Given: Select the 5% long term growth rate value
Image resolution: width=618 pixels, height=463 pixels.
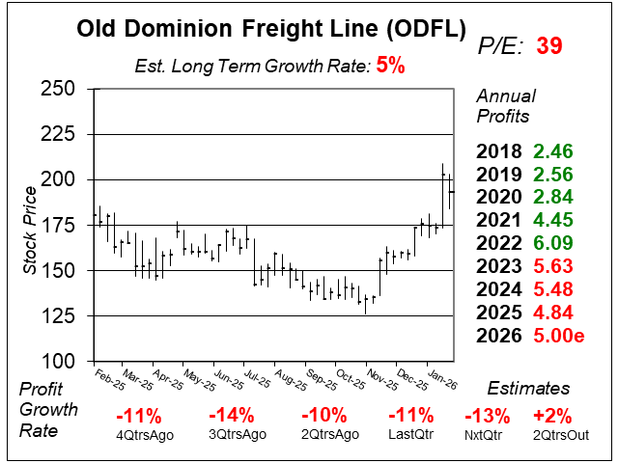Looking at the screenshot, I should (391, 67).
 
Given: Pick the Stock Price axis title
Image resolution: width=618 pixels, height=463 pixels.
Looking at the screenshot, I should (30, 225).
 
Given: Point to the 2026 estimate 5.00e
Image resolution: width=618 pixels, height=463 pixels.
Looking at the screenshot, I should (560, 336).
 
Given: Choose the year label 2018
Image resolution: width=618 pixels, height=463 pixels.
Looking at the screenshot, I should (499, 151).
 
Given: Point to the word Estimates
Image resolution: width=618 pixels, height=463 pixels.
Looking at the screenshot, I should (527, 389).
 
